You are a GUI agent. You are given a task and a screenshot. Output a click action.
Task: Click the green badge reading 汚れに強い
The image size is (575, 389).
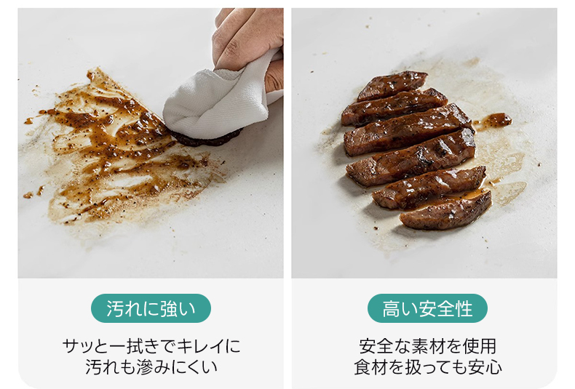point(151,308)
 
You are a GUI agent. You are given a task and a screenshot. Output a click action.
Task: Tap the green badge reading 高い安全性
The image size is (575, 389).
point(427,308)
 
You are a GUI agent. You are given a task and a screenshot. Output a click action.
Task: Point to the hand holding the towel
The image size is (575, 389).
point(250,44)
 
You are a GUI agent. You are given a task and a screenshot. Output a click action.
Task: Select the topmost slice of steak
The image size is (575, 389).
point(392,85)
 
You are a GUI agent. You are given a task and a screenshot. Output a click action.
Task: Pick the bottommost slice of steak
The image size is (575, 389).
point(446,212)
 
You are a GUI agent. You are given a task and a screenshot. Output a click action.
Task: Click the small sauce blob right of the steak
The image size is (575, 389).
point(494,121)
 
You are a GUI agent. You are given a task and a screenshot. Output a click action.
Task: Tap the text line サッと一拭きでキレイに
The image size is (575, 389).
point(151,346)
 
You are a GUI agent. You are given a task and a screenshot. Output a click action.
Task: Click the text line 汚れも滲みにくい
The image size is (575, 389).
point(151,367)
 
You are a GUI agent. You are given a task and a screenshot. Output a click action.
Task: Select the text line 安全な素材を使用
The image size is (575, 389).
point(427,346)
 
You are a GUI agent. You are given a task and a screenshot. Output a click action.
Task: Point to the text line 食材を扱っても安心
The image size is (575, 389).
point(427,367)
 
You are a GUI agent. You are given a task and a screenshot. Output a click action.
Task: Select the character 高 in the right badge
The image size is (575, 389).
point(392,308)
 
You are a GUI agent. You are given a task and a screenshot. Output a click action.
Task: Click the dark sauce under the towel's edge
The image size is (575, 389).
point(205,137)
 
